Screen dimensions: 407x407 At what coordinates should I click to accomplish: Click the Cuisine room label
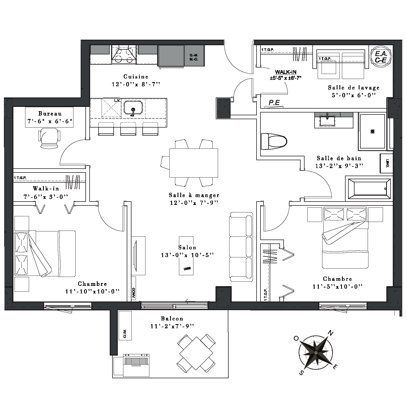pos(136,76)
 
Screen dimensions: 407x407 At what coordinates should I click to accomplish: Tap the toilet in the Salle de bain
pos(274,141)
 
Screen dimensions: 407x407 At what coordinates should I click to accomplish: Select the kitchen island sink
pos(133,108)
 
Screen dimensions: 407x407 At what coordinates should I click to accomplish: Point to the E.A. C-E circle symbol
pos(381,57)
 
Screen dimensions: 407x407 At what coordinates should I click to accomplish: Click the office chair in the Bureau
pos(49,138)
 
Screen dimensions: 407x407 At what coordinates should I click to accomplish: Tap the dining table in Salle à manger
pos(194,163)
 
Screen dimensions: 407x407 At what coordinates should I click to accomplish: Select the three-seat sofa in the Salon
pos(241,247)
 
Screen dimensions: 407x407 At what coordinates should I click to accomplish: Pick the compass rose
pos(316,353)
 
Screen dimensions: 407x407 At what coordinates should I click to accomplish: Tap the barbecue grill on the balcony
pos(136,365)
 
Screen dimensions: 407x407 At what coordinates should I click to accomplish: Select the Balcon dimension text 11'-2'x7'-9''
pos(172,326)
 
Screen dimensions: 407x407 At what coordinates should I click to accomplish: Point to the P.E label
pos(274,103)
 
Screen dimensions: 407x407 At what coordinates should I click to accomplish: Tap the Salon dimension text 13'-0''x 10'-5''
pos(187,255)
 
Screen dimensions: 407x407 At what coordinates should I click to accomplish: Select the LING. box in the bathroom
pos(386,164)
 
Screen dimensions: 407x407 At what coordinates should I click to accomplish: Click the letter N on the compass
pos(330,333)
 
